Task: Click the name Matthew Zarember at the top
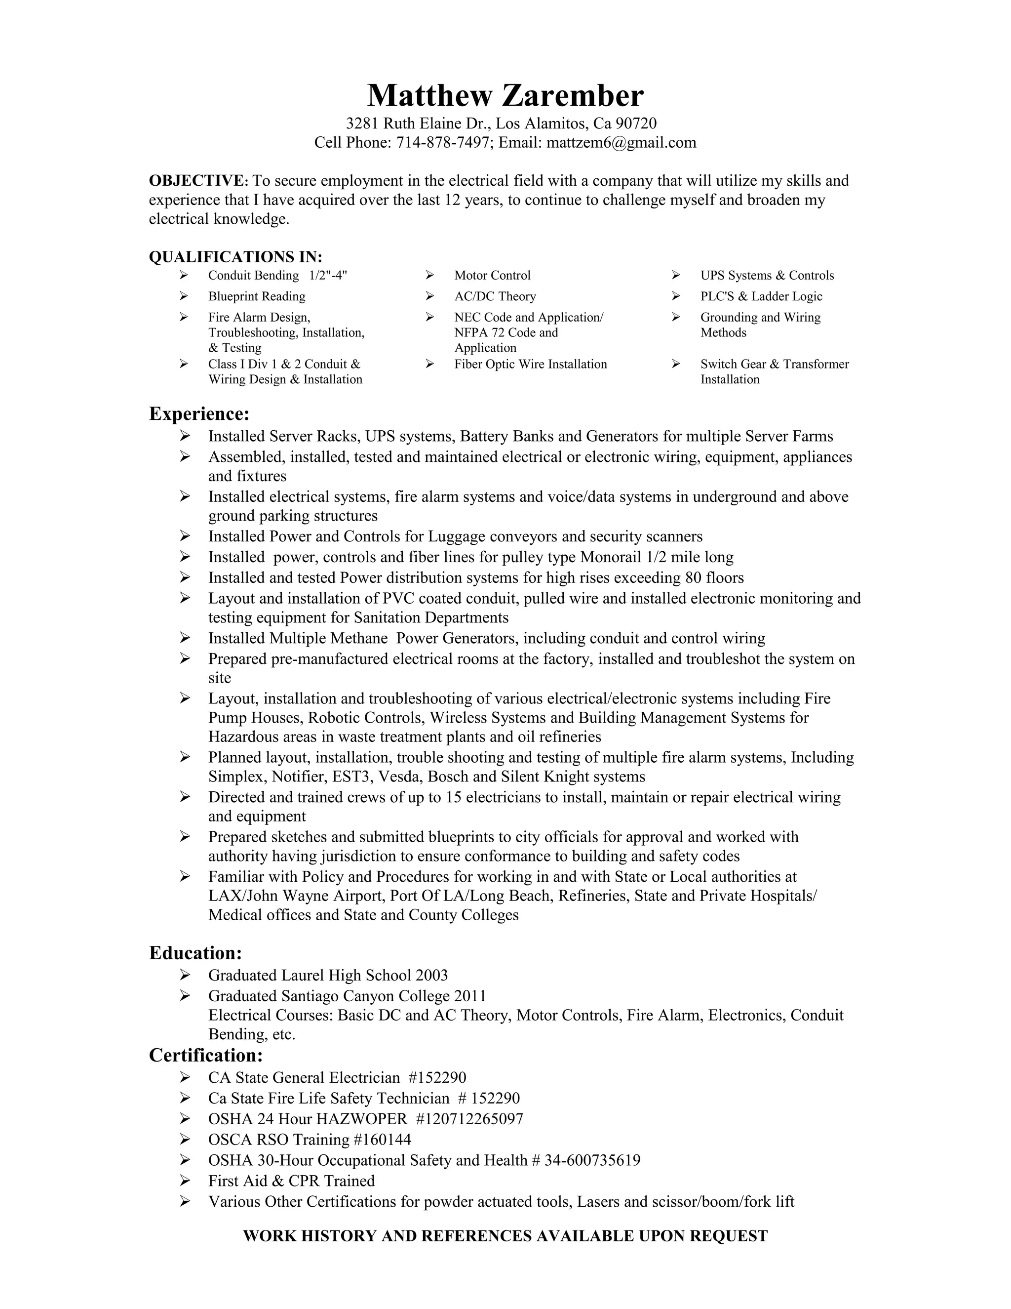coord(505,95)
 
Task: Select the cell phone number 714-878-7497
coord(443,143)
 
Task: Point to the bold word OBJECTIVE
coord(197,181)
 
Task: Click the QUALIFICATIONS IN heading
coord(235,257)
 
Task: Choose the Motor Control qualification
coord(492,276)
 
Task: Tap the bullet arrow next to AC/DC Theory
coord(429,296)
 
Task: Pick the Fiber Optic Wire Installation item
coord(530,365)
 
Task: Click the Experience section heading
coord(199,413)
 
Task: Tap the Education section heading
coord(195,953)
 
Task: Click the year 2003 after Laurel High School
coord(431,975)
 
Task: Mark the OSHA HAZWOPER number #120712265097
coord(469,1119)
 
